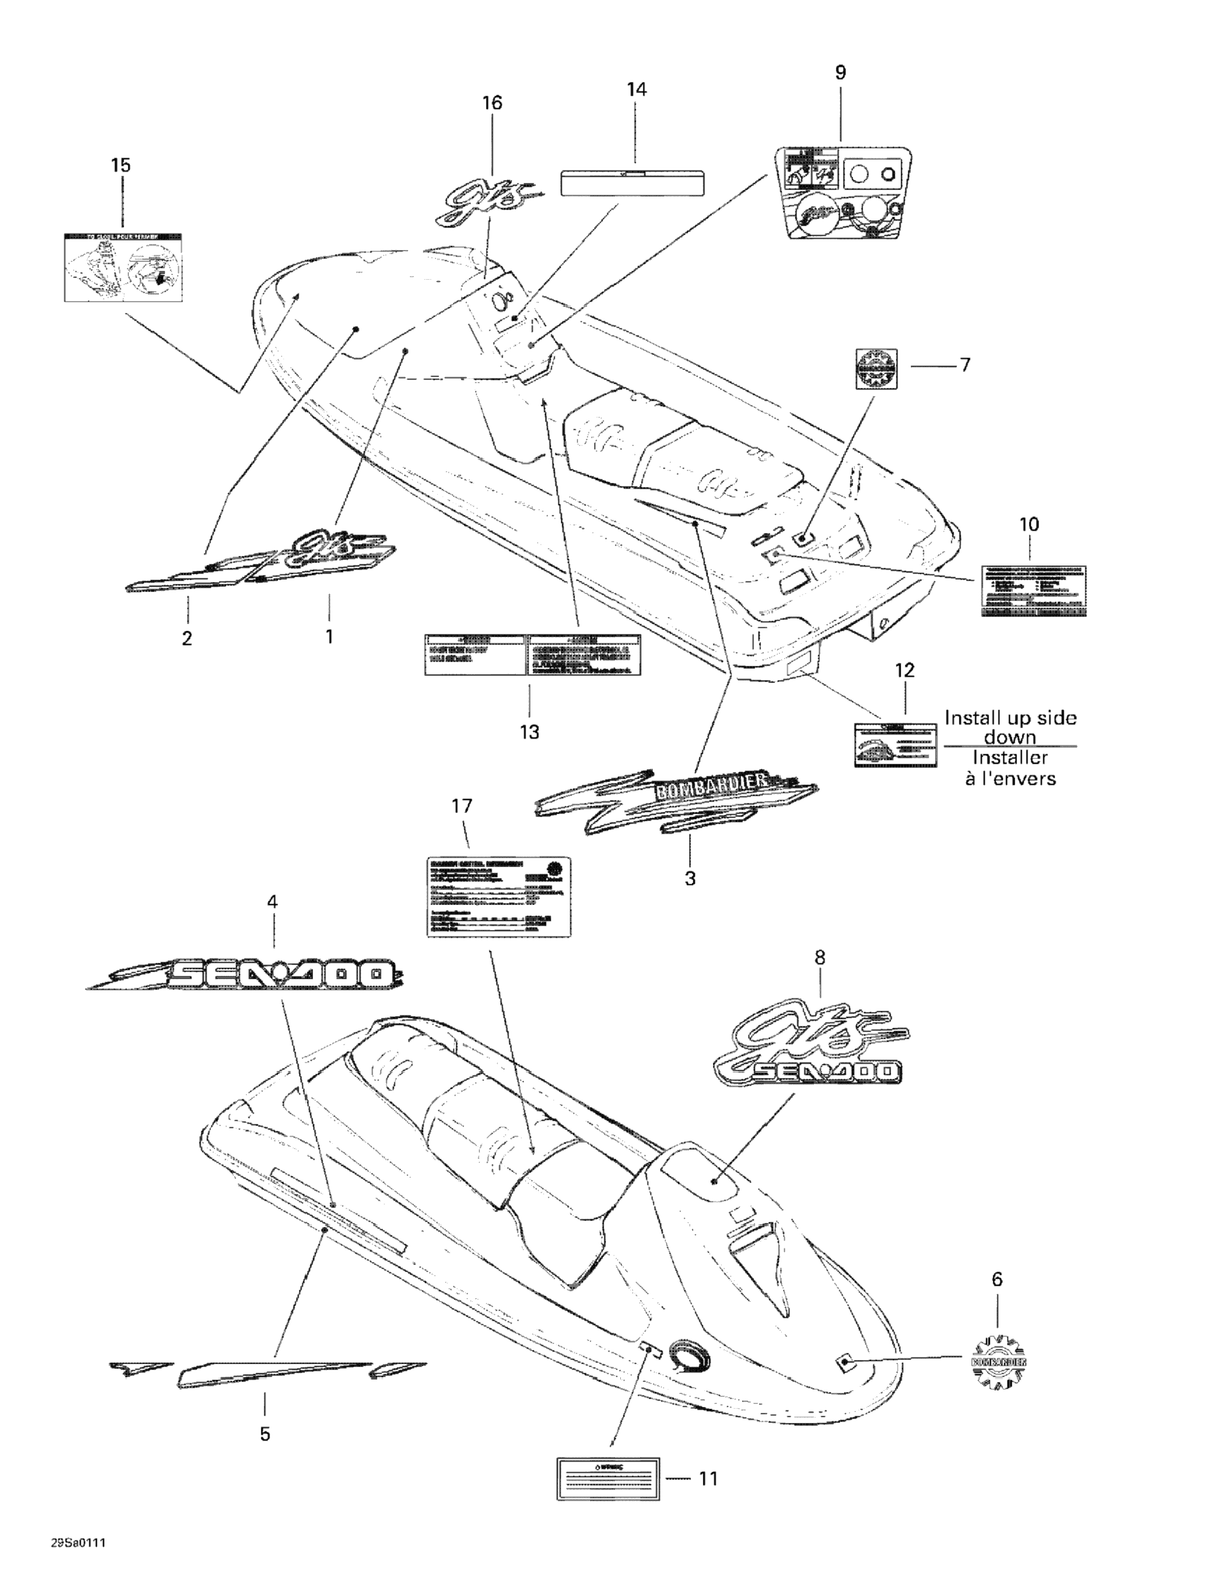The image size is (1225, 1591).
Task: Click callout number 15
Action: (121, 165)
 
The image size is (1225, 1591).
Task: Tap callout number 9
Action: (840, 73)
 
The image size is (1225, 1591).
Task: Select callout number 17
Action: (462, 806)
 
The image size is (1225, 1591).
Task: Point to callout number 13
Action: (529, 732)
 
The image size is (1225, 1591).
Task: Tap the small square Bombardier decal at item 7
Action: (876, 369)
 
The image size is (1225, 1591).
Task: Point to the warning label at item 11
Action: (608, 1479)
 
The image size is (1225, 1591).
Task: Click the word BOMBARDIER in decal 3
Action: (712, 785)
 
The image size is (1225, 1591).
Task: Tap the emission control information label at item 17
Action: (498, 896)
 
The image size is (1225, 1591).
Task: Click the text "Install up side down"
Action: (1010, 726)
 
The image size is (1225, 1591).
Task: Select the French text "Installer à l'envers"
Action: (1010, 768)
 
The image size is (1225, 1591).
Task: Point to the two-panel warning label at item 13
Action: (533, 654)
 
